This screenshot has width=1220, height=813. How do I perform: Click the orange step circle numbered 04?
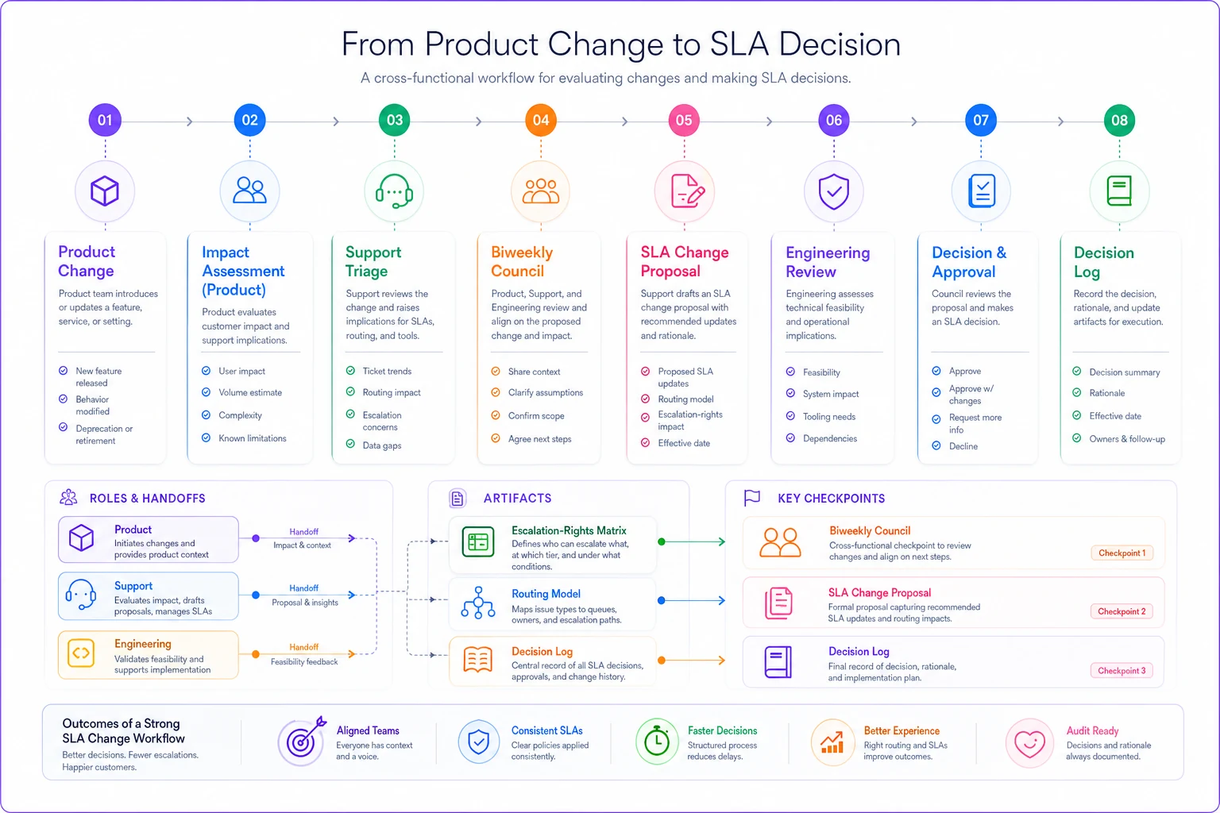540,120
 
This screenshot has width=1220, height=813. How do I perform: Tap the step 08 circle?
1119,120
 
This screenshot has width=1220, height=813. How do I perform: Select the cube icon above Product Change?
105,191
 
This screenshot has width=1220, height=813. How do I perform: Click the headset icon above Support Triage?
394,191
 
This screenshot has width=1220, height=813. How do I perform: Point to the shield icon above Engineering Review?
834,191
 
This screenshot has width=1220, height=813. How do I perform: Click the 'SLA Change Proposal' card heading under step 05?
684,261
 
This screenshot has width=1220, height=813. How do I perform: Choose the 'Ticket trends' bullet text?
387,371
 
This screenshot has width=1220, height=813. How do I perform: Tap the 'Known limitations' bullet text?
252,437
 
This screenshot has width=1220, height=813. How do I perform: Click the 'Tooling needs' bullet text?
829,417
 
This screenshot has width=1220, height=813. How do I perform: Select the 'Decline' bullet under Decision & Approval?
963,446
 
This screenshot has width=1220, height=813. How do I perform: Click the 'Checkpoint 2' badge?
1122,611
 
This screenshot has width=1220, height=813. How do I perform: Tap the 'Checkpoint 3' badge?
1122,670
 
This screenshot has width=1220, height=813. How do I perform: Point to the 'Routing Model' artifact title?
546,594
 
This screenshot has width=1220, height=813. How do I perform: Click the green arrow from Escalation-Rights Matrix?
692,541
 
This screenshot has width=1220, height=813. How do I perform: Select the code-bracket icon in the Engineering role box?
80,653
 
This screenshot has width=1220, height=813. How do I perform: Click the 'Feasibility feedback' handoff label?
304,661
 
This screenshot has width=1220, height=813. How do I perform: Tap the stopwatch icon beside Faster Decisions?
657,741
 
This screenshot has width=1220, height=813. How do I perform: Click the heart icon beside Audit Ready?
1029,743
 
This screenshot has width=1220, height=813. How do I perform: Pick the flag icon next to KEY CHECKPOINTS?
752,498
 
